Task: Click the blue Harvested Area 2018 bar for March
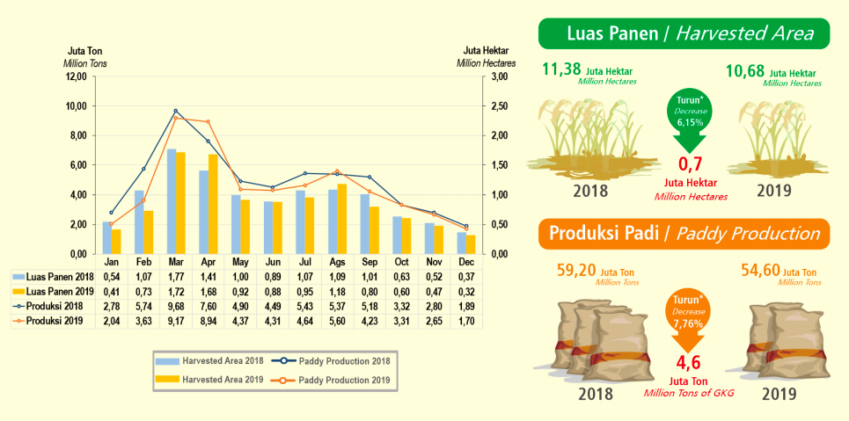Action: (x=172, y=201)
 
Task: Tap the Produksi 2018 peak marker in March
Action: (x=176, y=111)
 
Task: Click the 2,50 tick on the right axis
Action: (x=498, y=106)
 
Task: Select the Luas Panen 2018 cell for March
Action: (x=175, y=276)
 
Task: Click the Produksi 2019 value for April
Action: (x=208, y=322)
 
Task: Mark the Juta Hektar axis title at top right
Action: (x=486, y=51)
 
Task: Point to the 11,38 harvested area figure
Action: (x=561, y=69)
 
